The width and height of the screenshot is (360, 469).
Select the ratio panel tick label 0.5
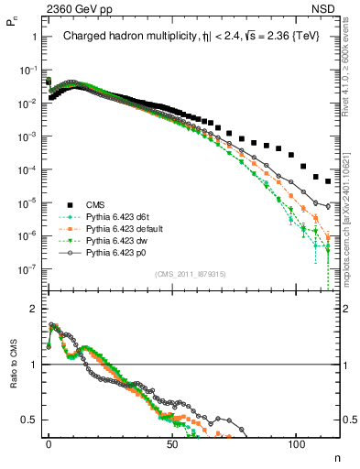pyautogui.click(x=29, y=420)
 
